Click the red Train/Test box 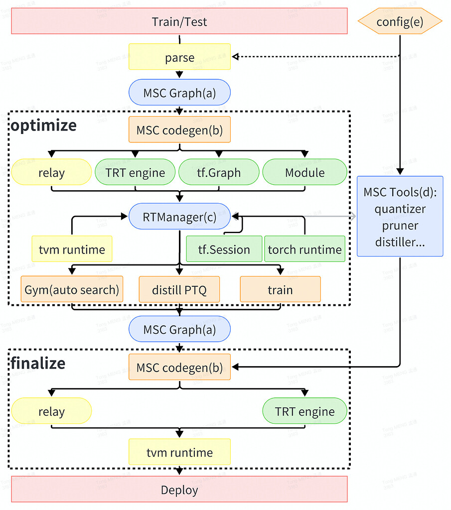(179, 21)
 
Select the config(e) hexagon (400, 21)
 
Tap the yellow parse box (179, 57)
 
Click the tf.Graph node (219, 173)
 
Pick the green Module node (304, 173)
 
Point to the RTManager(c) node (179, 216)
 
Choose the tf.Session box (224, 249)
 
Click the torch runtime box (304, 249)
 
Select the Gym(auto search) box (72, 289)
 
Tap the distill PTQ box (179, 289)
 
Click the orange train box (280, 289)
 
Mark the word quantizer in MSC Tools (400, 209)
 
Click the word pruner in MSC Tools (400, 226)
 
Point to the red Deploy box (179, 490)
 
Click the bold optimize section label (44, 125)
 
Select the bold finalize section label (38, 363)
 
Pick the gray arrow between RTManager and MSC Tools (294, 216)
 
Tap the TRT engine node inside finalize (304, 411)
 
